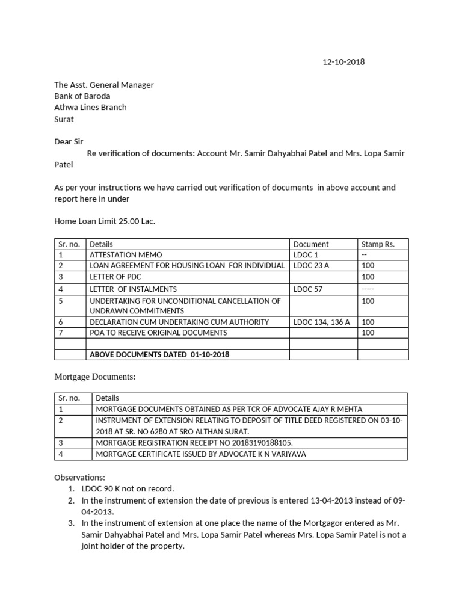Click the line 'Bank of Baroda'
click(82, 96)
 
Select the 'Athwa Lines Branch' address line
click(90, 108)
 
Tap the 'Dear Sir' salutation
click(70, 142)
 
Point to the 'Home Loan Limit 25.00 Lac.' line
click(105, 221)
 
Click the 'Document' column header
click(311, 244)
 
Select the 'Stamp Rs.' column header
click(378, 244)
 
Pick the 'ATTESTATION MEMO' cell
click(126, 255)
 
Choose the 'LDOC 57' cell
click(308, 289)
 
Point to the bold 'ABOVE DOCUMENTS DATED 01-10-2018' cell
click(159, 354)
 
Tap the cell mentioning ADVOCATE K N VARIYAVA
click(201, 454)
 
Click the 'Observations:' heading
click(79, 477)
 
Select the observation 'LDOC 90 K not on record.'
click(125, 488)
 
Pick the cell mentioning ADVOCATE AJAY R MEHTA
click(229, 409)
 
